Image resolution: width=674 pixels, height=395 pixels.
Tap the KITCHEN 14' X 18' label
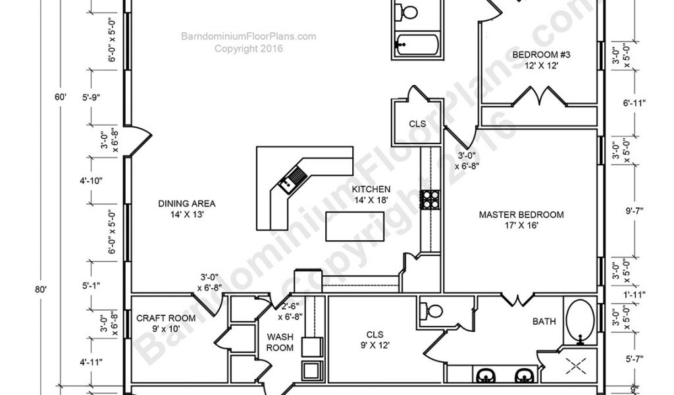[x=371, y=194]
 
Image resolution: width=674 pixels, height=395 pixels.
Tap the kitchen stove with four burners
[x=430, y=199]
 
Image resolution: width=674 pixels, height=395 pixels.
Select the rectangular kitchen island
[x=355, y=226]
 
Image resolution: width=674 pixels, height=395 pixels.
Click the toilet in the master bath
[x=432, y=311]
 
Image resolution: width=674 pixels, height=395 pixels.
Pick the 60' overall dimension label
[x=60, y=97]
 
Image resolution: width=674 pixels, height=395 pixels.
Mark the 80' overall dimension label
[x=40, y=290]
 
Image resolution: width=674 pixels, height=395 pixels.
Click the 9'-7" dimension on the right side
[x=634, y=211]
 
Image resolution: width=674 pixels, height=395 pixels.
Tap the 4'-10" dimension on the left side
[x=91, y=181]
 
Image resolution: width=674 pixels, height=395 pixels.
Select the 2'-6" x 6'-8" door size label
[x=290, y=312]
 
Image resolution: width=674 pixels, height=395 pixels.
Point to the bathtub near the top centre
[x=417, y=44]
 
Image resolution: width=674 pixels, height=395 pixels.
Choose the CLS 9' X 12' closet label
[x=375, y=340]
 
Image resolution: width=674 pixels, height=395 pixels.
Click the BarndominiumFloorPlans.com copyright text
[x=248, y=43]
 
